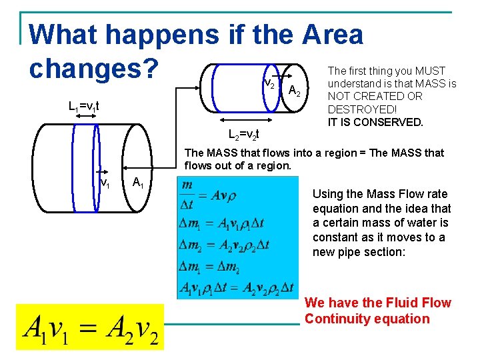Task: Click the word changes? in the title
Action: (94, 68)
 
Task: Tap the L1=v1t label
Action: (84, 106)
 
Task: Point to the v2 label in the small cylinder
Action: (270, 84)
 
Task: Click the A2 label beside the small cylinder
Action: (298, 91)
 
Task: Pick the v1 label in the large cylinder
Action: (105, 182)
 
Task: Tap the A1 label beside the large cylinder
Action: (139, 182)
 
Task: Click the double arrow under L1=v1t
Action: (86, 117)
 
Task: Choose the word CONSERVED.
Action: (390, 122)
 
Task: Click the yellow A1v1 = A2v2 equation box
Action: (90, 327)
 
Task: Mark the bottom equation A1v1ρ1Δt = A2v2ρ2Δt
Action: (236, 287)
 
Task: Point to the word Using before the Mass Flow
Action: (328, 194)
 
